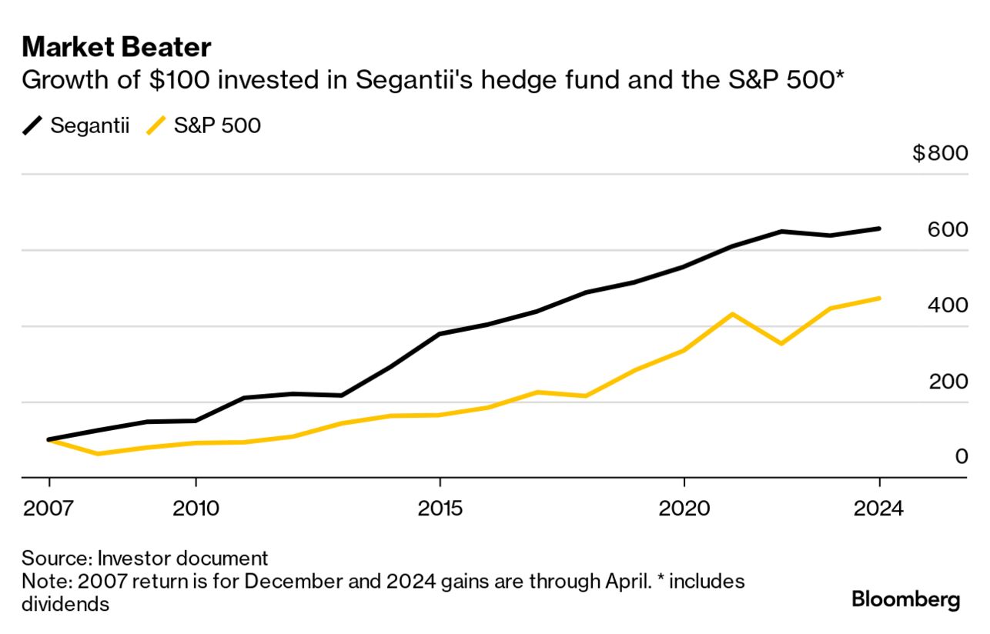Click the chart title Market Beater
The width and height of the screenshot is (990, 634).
(116, 48)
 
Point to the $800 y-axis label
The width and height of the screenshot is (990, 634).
(939, 153)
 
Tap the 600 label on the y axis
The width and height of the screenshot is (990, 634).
(948, 229)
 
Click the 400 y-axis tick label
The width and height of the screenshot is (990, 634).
(948, 305)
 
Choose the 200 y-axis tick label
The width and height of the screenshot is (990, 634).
(948, 382)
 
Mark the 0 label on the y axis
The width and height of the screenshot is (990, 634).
(961, 457)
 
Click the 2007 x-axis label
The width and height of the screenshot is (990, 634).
(48, 509)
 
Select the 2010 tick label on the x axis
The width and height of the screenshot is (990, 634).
(196, 509)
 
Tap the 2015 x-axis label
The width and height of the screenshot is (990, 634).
(440, 509)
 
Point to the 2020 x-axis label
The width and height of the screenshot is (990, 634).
(684, 509)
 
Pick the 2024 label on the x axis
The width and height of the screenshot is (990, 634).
(879, 509)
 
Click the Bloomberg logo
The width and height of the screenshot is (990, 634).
(905, 599)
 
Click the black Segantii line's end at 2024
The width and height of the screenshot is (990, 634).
(879, 229)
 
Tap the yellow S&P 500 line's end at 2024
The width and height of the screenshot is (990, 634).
(879, 298)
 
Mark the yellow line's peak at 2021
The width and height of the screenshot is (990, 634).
(732, 314)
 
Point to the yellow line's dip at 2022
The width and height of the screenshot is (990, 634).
(781, 343)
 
